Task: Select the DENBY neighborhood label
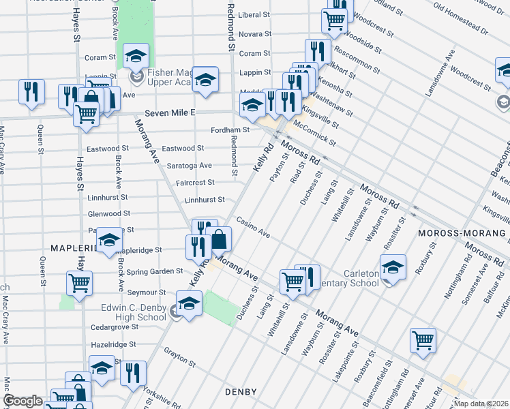241,392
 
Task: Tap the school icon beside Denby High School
189,303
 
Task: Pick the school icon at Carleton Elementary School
392,267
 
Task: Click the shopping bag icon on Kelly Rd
219,239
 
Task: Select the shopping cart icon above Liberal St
333,20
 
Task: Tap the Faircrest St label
196,183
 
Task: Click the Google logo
22,401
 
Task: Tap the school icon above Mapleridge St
110,240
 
